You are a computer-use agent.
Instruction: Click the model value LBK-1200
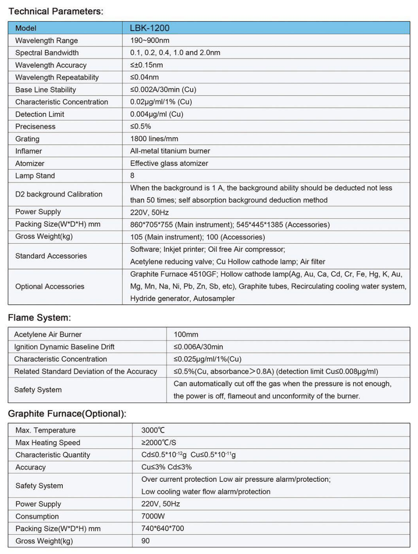(150, 28)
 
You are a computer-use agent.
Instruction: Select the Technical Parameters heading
(56, 12)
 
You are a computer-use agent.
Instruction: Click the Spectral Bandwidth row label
(47, 53)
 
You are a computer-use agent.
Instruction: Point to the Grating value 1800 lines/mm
(154, 138)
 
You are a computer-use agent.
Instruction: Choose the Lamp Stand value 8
(132, 175)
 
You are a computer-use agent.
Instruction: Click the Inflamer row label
(29, 151)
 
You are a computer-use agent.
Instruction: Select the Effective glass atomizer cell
(169, 163)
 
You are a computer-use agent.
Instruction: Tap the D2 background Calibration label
(59, 194)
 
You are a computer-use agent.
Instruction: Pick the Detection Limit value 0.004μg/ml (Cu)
(156, 114)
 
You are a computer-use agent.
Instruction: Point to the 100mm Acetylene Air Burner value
(186, 334)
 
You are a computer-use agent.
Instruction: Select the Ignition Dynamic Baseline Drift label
(64, 346)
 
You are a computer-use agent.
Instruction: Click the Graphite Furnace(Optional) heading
(68, 414)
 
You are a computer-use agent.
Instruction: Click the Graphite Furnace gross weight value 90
(145, 541)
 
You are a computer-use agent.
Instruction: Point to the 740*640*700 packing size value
(163, 528)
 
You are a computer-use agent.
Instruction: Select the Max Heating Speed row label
(48, 442)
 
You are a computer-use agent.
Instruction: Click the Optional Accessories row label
(49, 286)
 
